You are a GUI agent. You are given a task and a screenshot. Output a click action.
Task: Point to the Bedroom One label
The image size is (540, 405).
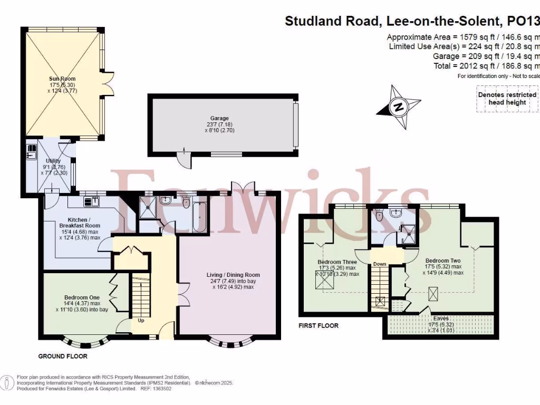pyautogui.click(x=79, y=297)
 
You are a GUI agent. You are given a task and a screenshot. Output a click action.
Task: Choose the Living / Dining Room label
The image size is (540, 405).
pyautogui.click(x=233, y=275)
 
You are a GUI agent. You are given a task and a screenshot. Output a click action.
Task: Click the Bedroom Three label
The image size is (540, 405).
pyautogui.click(x=337, y=262)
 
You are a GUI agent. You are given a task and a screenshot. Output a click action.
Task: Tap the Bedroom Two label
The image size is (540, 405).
pyautogui.click(x=443, y=261)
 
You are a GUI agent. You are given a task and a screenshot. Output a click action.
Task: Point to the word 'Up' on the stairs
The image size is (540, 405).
pyautogui.click(x=140, y=320)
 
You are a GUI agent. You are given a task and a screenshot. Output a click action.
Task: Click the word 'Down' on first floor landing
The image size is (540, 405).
pyautogui.click(x=380, y=264)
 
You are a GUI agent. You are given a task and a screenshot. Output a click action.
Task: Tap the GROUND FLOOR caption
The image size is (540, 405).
pyautogui.click(x=63, y=356)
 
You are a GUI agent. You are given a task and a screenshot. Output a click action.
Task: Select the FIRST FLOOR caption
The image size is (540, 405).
pyautogui.click(x=319, y=326)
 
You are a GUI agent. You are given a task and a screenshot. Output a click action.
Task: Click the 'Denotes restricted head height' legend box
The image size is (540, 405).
pyautogui.click(x=507, y=99)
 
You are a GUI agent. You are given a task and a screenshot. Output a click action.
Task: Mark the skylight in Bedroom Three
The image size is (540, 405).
pyautogui.click(x=321, y=283)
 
